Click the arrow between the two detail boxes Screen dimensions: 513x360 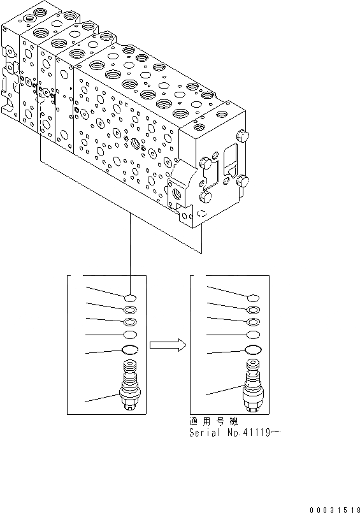(167, 345)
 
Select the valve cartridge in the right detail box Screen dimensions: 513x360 (253, 388)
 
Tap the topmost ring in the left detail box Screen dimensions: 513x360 (130, 298)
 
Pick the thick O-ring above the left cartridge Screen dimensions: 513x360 (130, 349)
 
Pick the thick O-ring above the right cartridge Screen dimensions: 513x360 (253, 349)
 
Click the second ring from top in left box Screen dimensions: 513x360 (130, 310)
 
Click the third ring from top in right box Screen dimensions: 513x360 (253, 322)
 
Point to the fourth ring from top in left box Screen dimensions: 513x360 (130, 335)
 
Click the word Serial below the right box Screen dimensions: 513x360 (202, 433)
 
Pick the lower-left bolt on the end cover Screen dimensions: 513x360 (203, 197)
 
